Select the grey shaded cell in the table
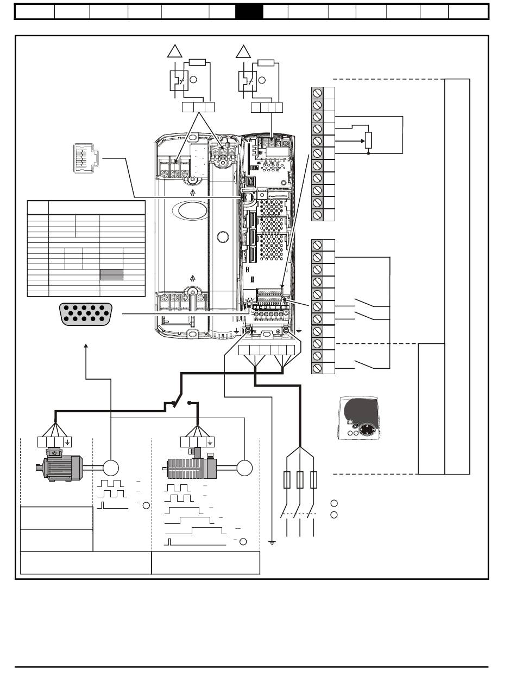pyautogui.click(x=111, y=274)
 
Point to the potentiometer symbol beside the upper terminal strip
pyautogui.click(x=368, y=140)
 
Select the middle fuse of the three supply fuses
pyautogui.click(x=300, y=480)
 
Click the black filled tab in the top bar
pyautogui.click(x=249, y=12)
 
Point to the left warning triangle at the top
pyautogui.click(x=174, y=52)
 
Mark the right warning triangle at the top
pyautogui.click(x=243, y=52)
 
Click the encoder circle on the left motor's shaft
pyautogui.click(x=111, y=467)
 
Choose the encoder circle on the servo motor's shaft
pyautogui.click(x=245, y=467)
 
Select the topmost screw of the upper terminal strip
pyautogui.click(x=317, y=92)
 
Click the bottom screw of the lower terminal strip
pyautogui.click(x=317, y=368)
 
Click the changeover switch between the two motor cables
pyautogui.click(x=181, y=403)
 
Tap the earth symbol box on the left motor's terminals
pyautogui.click(x=67, y=441)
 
